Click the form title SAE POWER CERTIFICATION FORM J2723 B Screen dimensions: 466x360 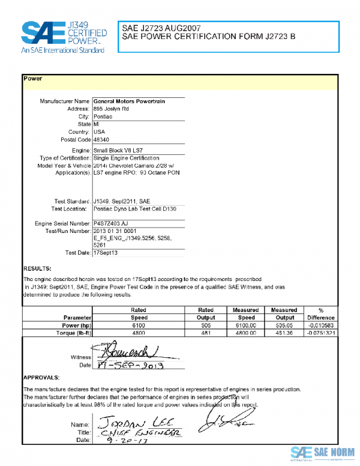(x=208, y=37)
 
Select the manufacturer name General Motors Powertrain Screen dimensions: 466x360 (x=129, y=101)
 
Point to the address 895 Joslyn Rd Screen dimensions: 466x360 (x=111, y=109)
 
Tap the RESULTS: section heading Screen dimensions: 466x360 (x=37, y=268)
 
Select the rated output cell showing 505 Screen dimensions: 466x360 (x=206, y=325)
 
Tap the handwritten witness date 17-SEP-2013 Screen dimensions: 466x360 (x=129, y=365)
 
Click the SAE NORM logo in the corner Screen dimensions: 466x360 (x=323, y=452)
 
